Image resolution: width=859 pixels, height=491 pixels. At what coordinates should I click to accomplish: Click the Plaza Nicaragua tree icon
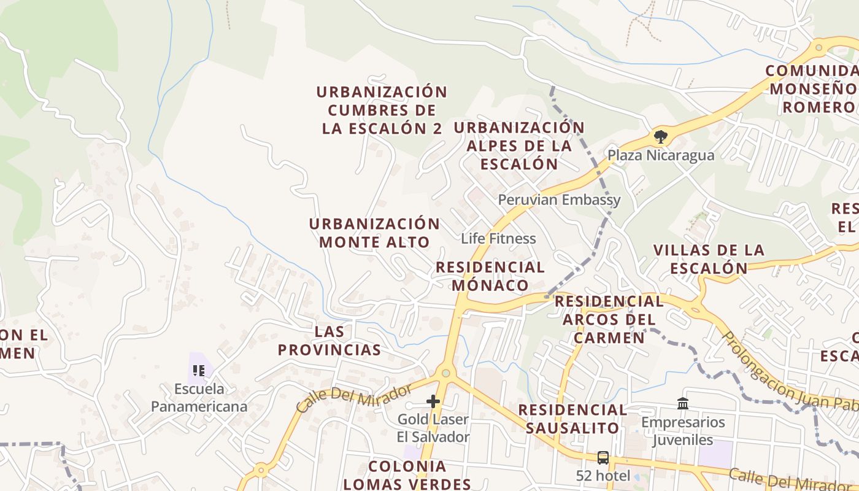pos(660,136)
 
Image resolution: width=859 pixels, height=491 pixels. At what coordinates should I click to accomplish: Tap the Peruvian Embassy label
pos(559,199)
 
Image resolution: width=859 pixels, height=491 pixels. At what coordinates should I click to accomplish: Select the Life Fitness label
pos(498,238)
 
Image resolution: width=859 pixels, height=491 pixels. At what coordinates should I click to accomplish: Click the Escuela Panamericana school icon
pos(199,370)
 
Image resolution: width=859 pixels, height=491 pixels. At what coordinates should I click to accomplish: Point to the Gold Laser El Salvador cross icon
pos(433,401)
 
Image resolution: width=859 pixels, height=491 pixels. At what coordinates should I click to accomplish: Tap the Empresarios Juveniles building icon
pos(683,403)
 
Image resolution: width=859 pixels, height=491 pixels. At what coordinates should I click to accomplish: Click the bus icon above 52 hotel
pos(603,457)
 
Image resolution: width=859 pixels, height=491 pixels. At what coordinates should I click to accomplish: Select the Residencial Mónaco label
pos(490,276)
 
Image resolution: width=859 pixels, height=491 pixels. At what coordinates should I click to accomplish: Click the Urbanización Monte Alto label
pos(374,233)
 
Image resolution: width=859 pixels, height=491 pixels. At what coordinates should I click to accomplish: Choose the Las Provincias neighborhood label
pos(329,341)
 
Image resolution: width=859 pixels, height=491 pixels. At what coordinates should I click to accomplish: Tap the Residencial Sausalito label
pos(572,419)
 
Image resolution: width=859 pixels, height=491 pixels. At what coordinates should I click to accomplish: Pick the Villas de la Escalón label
pos(709,259)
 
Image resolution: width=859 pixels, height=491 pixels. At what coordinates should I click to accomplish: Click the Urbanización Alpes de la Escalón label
pos(519,145)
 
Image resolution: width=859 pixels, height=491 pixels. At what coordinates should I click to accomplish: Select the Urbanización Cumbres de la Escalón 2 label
pos(382,110)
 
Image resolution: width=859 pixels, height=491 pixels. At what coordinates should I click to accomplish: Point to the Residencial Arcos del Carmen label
pos(609,319)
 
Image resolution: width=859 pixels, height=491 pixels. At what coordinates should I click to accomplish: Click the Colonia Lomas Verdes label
pos(407,474)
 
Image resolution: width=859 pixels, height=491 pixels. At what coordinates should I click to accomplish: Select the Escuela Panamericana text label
pos(199,397)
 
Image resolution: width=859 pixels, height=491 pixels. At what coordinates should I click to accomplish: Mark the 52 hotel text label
pos(603,476)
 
